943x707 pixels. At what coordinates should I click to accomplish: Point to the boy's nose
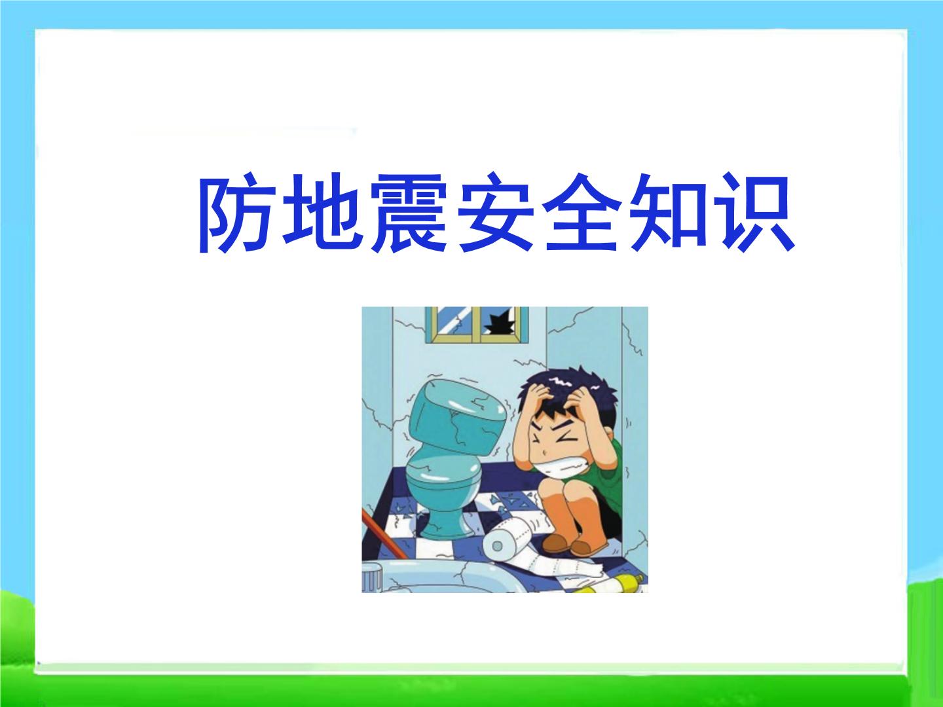[543, 452]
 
